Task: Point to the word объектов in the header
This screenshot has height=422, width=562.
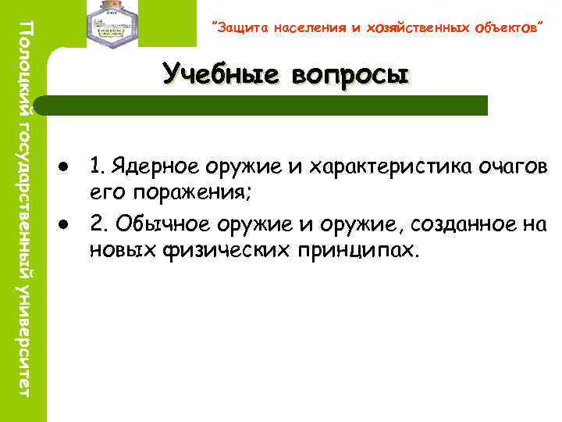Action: click(x=502, y=29)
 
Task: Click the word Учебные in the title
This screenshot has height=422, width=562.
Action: click(x=223, y=74)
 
